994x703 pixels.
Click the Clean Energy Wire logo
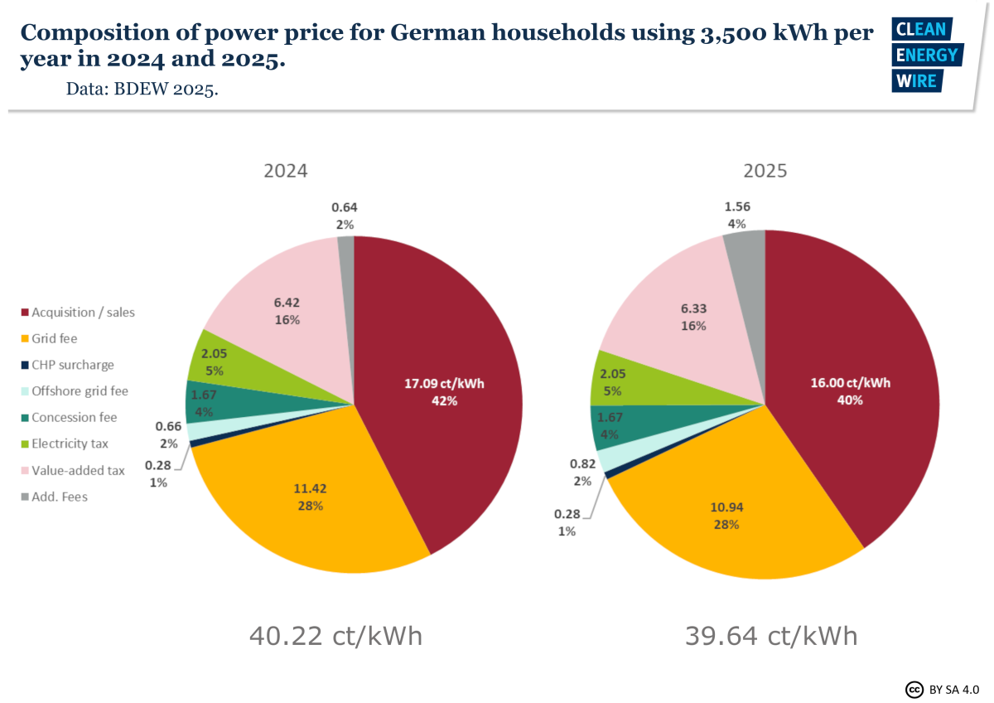925,55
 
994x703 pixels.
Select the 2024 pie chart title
286,171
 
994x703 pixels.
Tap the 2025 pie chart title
765,171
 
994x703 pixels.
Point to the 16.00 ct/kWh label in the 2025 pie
850,384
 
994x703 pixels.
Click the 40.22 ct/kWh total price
335,636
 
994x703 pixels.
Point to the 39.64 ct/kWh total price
770,636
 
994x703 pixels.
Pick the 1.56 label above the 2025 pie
736,207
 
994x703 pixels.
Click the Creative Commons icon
914,690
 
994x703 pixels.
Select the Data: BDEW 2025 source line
142,89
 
